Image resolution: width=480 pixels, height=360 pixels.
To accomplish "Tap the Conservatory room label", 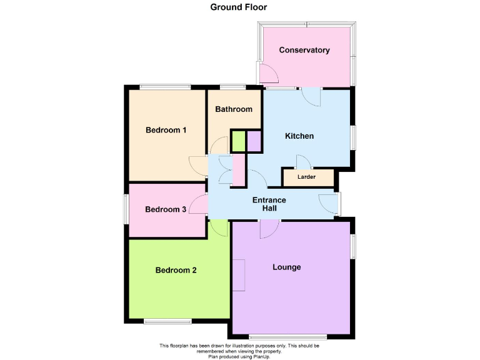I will [x=304, y=50].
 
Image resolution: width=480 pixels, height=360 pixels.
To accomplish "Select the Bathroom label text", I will [x=234, y=109].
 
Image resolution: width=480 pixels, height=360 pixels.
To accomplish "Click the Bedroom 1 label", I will [x=166, y=130].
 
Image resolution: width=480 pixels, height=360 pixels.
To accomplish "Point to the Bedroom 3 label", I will [x=166, y=209].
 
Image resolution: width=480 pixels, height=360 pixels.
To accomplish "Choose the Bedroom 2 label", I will [x=176, y=270].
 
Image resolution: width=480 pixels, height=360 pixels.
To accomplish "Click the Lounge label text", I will [x=287, y=267].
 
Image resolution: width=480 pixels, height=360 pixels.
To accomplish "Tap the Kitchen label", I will [x=299, y=136].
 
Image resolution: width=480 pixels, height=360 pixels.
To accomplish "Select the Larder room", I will [x=306, y=177].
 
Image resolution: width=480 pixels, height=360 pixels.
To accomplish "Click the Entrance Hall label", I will [x=269, y=204].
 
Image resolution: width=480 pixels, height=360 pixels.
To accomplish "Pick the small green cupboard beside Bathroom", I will [x=238, y=141].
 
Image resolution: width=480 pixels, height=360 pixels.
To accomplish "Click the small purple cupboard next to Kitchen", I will [x=254, y=141].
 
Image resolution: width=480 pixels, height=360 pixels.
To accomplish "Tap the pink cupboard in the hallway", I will [x=238, y=170].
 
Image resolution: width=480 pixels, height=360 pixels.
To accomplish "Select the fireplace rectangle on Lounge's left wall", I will [x=239, y=276].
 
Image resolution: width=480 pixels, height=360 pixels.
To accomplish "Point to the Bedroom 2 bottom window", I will [x=167, y=321].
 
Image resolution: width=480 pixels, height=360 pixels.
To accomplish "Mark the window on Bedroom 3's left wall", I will [x=126, y=208].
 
